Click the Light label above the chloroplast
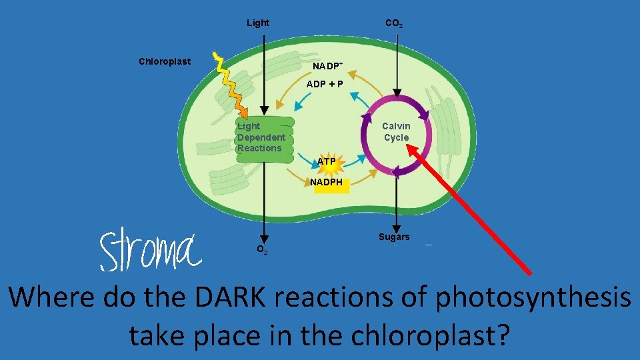(258, 23)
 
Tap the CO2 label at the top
(393, 23)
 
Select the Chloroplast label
(165, 61)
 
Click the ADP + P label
(325, 84)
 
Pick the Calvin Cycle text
(396, 132)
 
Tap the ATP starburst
(327, 162)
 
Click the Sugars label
(394, 237)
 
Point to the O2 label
(263, 249)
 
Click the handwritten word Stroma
(150, 251)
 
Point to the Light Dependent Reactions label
(261, 137)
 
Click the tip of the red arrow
(409, 149)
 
